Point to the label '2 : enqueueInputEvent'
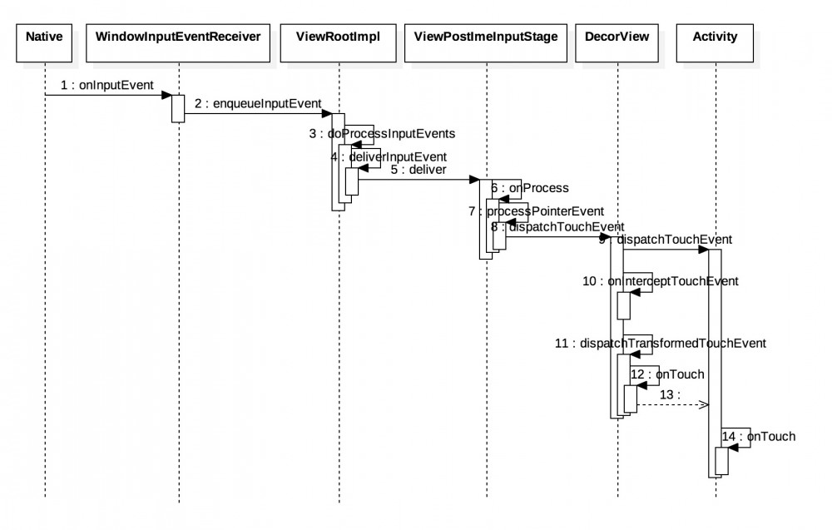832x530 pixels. point(258,103)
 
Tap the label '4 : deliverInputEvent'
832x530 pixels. point(389,156)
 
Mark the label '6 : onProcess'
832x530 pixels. point(530,188)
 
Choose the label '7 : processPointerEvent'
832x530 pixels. point(536,211)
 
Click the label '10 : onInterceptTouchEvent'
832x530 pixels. point(661,281)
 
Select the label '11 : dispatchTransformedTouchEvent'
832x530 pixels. point(660,342)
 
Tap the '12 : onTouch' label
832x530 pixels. point(668,374)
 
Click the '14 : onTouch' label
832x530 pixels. point(760,436)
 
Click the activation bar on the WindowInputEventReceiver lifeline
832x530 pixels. point(178,108)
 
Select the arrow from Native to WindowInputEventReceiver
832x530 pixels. point(108,95)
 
